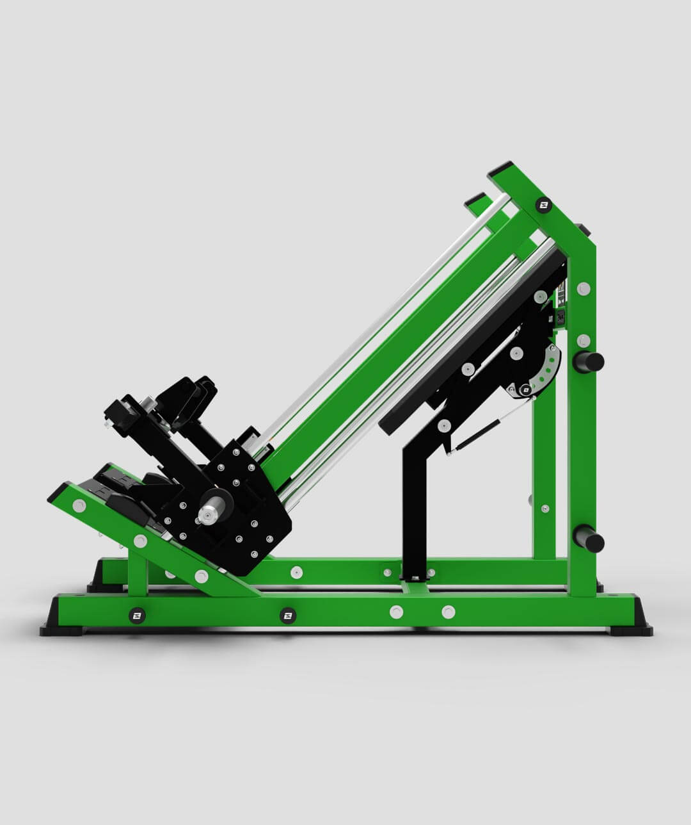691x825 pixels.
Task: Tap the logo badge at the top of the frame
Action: [543, 205]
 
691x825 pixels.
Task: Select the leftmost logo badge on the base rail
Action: [137, 616]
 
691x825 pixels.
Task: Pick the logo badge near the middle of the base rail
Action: [288, 616]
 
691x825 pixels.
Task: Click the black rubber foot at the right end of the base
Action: [631, 630]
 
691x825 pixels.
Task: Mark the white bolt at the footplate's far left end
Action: [79, 506]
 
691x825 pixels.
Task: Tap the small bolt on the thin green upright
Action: [544, 509]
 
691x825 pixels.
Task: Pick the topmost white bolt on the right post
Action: [583, 288]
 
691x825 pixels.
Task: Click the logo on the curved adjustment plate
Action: [526, 388]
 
